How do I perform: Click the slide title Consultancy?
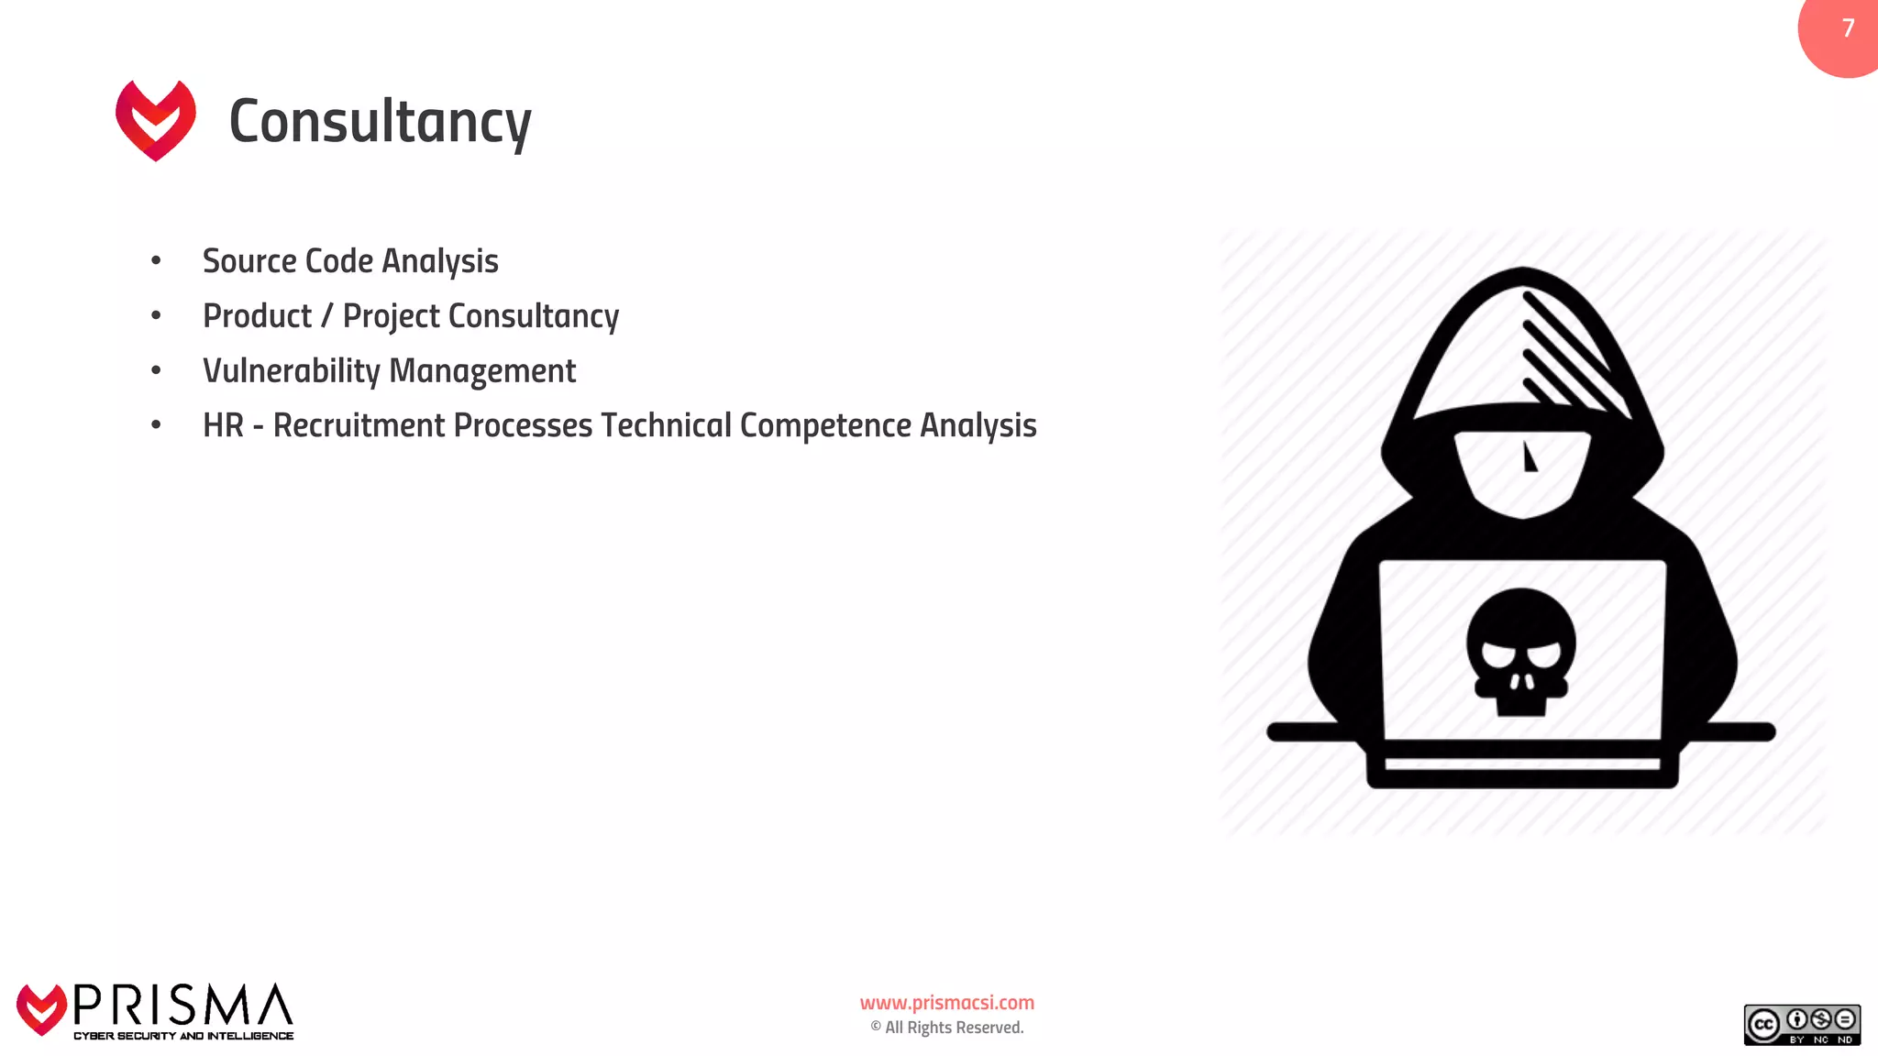380,122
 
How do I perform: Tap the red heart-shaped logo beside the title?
156,120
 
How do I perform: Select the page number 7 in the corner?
1848,28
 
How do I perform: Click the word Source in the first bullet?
249,261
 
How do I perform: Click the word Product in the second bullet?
258,316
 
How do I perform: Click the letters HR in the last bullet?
223,426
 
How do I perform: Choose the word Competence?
825,426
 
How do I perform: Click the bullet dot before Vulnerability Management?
156,371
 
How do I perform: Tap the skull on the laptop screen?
1521,651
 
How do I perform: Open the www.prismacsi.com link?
947,1003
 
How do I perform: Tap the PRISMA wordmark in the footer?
183,1006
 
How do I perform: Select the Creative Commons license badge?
1802,1025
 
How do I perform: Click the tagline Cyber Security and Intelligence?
183,1036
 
